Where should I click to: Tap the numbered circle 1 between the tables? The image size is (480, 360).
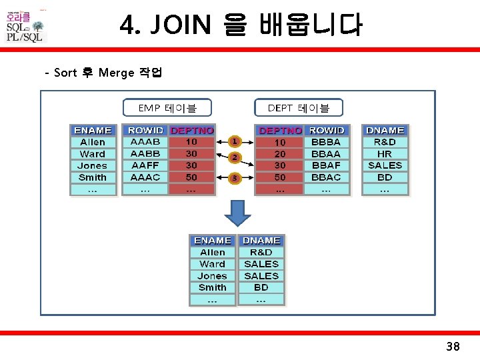[x=235, y=141]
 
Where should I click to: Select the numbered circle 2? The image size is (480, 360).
[x=235, y=158]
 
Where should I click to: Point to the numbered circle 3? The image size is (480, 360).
[x=235, y=178]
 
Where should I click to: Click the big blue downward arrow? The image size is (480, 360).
[x=236, y=213]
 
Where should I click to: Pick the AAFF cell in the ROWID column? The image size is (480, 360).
[x=145, y=165]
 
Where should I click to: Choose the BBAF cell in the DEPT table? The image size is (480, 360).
[x=326, y=165]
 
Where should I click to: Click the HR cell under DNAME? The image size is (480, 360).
[x=385, y=154]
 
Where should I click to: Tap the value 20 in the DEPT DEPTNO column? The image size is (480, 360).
[x=280, y=154]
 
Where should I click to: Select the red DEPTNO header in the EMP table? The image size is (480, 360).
[x=192, y=131]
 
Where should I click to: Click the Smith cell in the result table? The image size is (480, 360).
[x=213, y=288]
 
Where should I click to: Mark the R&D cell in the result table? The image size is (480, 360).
[x=261, y=253]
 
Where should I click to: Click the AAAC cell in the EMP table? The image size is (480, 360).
[x=145, y=177]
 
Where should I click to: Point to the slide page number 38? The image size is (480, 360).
[x=453, y=347]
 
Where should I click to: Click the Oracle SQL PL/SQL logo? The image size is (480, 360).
[x=25, y=27]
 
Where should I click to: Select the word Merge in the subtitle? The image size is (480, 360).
[x=116, y=73]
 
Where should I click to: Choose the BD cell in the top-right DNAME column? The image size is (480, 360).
[x=385, y=177]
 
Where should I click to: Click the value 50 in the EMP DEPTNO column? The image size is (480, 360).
[x=191, y=177]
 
